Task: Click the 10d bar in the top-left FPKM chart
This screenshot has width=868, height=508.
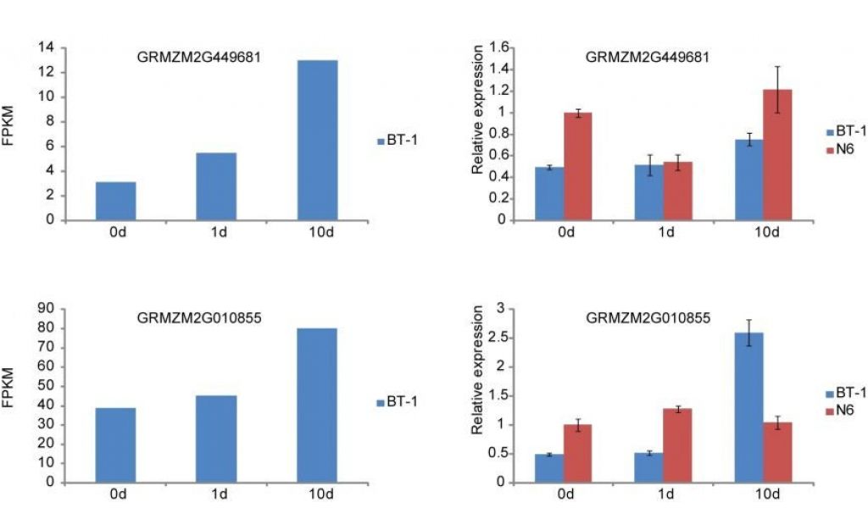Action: [x=317, y=140]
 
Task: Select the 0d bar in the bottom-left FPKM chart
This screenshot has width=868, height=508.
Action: [x=115, y=445]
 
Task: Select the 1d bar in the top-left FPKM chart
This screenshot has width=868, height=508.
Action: [x=216, y=186]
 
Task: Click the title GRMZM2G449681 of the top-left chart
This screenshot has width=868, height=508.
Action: [x=199, y=58]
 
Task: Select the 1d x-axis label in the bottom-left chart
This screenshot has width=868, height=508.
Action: [x=216, y=495]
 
